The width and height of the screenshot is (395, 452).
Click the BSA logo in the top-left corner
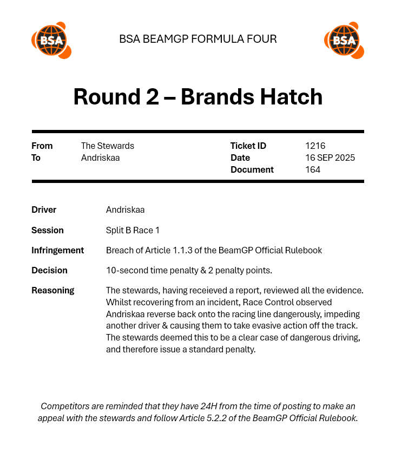[x=51, y=40]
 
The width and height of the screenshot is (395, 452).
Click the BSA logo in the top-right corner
[x=344, y=40]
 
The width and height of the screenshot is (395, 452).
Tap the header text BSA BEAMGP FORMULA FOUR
[x=198, y=39]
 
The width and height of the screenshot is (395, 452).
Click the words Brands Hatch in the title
[x=252, y=97]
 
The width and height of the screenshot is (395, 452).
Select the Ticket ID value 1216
[x=315, y=146]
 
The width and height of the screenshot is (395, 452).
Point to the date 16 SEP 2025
[x=330, y=158]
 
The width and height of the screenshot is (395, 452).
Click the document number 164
[x=313, y=169]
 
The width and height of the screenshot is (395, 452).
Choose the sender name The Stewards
[x=107, y=146]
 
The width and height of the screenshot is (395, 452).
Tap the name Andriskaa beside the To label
[x=100, y=158]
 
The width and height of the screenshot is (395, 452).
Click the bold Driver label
[x=44, y=209]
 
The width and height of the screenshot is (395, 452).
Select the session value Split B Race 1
[x=133, y=230]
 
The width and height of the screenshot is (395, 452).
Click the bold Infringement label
[x=57, y=250]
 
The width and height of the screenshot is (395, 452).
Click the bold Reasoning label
[x=52, y=290]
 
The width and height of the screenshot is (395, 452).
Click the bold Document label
[x=252, y=169]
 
